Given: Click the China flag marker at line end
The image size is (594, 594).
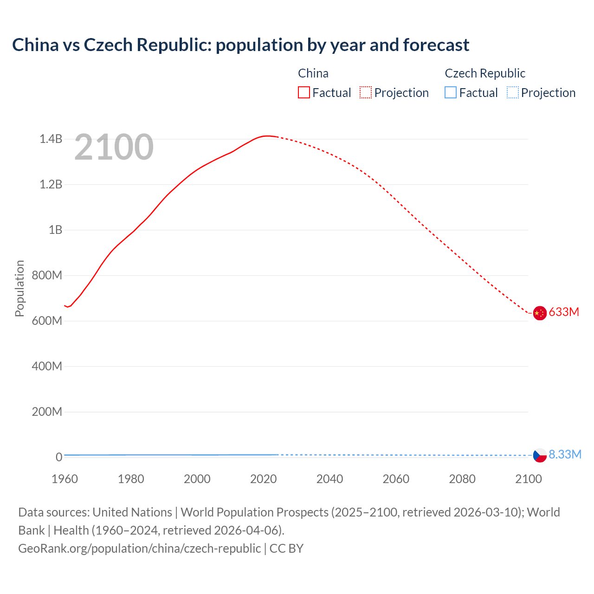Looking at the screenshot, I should (x=539, y=313).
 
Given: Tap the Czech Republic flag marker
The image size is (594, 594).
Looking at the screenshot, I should (x=539, y=455).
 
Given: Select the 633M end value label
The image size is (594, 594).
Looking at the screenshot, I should (x=564, y=312).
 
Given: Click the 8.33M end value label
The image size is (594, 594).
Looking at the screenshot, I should (x=565, y=454).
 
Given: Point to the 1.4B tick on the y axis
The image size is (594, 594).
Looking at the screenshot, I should (x=51, y=139).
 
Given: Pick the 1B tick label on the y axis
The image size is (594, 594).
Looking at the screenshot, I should (x=55, y=230).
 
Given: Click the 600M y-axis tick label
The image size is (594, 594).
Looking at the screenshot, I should (x=47, y=321).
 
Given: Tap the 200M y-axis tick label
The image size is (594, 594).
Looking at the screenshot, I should (x=47, y=412).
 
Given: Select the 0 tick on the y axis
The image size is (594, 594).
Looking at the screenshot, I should (x=59, y=457).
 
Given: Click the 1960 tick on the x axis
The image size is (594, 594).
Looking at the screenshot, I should (x=65, y=479).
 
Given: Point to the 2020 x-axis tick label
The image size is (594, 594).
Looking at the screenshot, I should (x=263, y=479).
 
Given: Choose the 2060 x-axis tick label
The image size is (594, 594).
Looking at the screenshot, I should (x=396, y=479).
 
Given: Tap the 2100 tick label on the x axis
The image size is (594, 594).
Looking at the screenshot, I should (x=528, y=479).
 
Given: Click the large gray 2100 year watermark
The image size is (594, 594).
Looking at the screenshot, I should (x=114, y=147).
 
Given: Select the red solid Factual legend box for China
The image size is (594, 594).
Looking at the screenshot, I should (x=303, y=93).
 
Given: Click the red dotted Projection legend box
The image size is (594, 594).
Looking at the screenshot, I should (x=366, y=93).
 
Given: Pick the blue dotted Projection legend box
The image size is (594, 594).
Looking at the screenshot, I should (x=512, y=93).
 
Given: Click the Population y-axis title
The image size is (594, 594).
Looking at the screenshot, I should (x=19, y=288).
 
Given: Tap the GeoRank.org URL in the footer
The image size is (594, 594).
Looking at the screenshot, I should (x=139, y=548).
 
